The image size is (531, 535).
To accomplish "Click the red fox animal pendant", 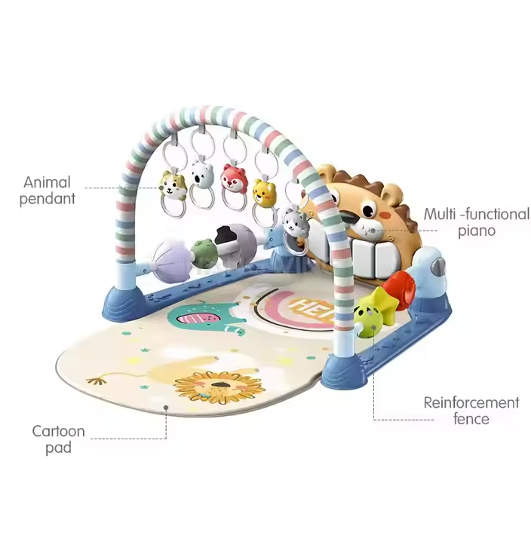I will coord(232,178).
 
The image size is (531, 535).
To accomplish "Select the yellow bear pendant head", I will coord(263,191).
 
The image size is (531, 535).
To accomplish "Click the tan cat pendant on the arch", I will coord(172,184).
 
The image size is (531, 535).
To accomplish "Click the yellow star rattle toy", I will coord(370,311).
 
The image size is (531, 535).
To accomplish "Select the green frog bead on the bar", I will coord(203,250).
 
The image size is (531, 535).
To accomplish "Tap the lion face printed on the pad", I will coord(219,386).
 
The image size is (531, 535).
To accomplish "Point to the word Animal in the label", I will coord(47,182).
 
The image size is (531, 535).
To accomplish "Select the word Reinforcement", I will coord(471,402).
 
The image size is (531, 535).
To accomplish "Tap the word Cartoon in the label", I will coord(58,432).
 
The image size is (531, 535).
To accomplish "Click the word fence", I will coord(471,419).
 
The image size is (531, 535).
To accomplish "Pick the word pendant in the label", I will coord(48,199).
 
